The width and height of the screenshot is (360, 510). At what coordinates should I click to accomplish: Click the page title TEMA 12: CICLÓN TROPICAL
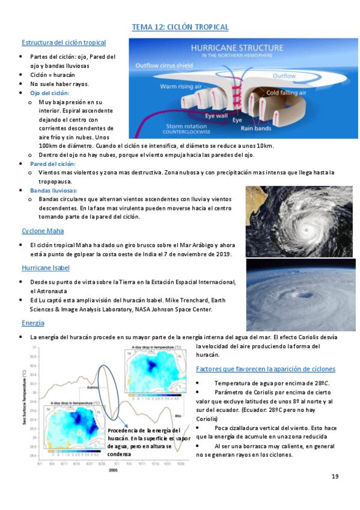180,27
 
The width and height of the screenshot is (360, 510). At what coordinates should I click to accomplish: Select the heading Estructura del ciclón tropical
64,43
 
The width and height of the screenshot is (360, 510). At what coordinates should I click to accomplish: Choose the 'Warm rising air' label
180,87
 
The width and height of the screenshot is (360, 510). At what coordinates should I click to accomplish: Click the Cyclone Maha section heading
43,231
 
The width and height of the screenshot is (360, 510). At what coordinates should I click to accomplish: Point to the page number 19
335,477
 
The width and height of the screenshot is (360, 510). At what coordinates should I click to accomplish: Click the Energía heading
33,323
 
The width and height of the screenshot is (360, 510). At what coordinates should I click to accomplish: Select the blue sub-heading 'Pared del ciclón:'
53,164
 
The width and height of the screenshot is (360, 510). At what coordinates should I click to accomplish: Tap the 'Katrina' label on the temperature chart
93,388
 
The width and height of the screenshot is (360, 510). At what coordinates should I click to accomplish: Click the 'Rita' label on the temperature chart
177,415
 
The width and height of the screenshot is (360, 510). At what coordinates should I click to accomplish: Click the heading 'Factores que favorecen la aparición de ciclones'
266,368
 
